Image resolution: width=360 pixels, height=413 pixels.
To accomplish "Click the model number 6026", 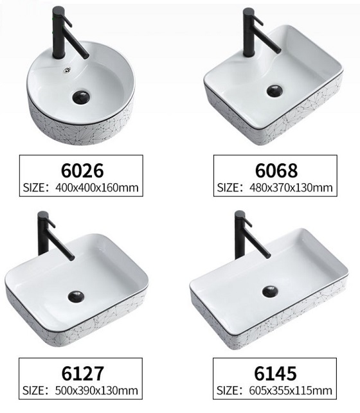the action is click(82, 171).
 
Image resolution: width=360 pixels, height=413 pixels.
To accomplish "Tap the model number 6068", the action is click(276, 171).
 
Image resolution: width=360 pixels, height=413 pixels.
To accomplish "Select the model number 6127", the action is click(83, 373).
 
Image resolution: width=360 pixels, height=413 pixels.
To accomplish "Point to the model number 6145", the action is click(275, 373).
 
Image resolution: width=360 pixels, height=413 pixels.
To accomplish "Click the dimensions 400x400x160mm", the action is click(96, 188).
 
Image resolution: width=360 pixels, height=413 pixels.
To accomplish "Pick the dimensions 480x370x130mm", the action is click(291, 188).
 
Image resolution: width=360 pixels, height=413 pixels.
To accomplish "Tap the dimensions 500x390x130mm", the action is click(96, 391).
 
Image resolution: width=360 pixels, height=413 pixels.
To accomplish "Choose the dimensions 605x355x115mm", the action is click(291, 391).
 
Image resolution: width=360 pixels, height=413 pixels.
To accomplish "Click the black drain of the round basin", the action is click(81, 97).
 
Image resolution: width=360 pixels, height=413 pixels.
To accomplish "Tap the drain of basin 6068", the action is click(274, 91).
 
